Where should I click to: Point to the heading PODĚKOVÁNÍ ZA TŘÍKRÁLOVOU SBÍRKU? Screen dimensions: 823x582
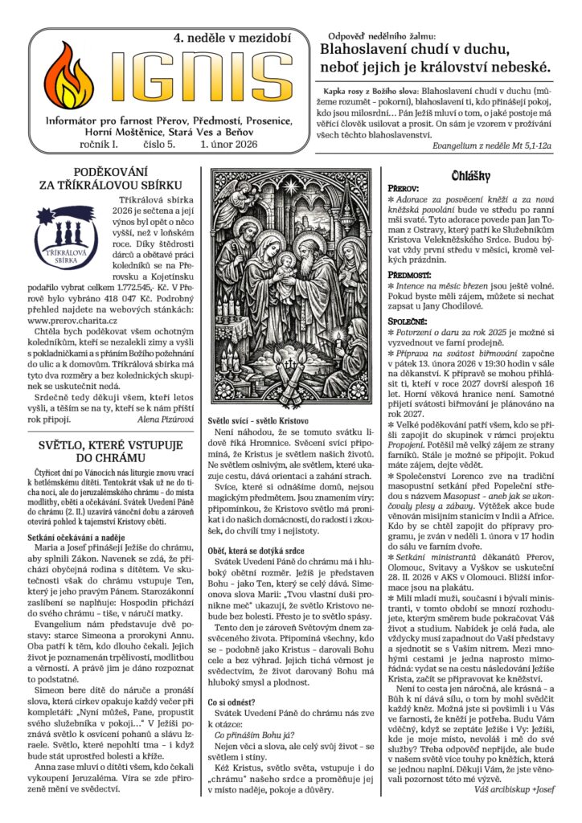(x=112, y=179)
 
